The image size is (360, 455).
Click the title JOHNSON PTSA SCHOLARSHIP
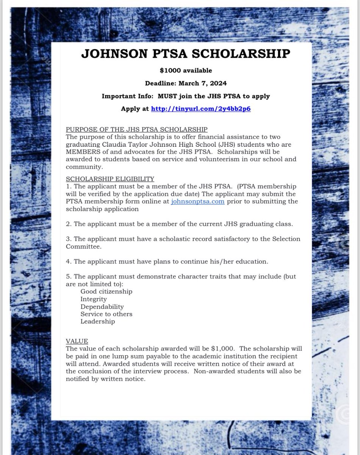(x=185, y=54)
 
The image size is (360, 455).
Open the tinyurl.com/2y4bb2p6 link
(x=201, y=109)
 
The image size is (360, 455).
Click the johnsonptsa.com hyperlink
(x=197, y=201)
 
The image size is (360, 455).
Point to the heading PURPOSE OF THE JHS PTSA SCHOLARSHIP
(x=136, y=129)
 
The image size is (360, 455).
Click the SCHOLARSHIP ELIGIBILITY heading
(x=110, y=179)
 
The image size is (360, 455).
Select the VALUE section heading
(x=77, y=341)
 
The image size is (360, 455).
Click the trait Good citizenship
(x=106, y=292)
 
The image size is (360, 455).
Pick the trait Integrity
(x=94, y=299)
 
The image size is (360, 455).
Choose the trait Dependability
(x=102, y=307)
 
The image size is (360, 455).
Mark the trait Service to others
(x=106, y=314)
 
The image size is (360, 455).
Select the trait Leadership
(x=97, y=322)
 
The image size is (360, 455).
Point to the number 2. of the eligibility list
(x=69, y=224)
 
